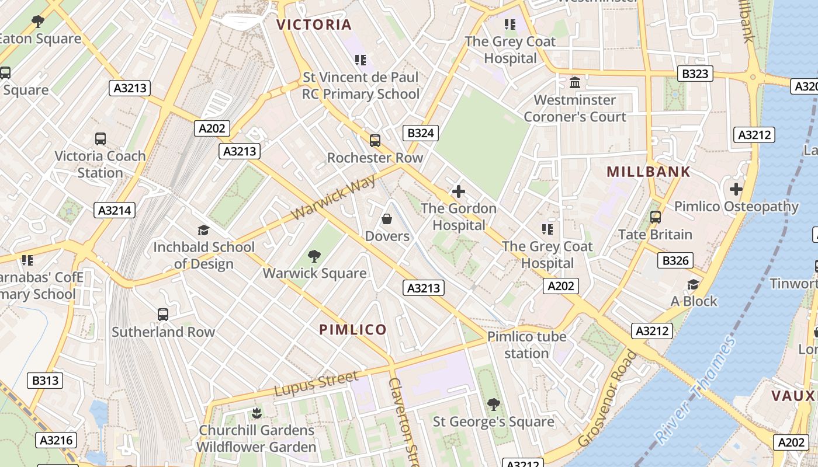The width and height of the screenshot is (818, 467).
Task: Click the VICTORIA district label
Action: click(x=314, y=25)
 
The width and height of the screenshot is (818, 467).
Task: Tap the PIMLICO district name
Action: click(x=353, y=329)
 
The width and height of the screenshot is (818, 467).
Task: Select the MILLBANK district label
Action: click(x=649, y=172)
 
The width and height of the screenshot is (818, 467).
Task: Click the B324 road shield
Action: click(x=420, y=133)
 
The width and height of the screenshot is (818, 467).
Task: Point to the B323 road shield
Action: click(x=695, y=74)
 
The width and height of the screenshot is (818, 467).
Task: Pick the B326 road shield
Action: click(x=675, y=260)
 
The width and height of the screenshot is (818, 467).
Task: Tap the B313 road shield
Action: click(x=45, y=381)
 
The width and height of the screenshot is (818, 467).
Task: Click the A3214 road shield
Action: click(x=115, y=210)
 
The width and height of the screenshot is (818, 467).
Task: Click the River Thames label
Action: click(x=695, y=389)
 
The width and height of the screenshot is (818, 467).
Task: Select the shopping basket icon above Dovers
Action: click(x=386, y=219)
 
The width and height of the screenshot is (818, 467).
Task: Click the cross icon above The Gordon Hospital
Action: click(x=459, y=191)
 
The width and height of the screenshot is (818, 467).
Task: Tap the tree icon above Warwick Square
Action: click(x=314, y=256)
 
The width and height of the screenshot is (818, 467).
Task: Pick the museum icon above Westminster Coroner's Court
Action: click(x=574, y=83)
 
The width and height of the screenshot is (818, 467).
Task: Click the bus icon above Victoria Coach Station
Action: click(x=100, y=139)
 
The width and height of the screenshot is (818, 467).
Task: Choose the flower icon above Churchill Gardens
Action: click(x=256, y=413)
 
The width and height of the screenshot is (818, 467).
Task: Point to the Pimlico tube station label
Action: click(x=526, y=345)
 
